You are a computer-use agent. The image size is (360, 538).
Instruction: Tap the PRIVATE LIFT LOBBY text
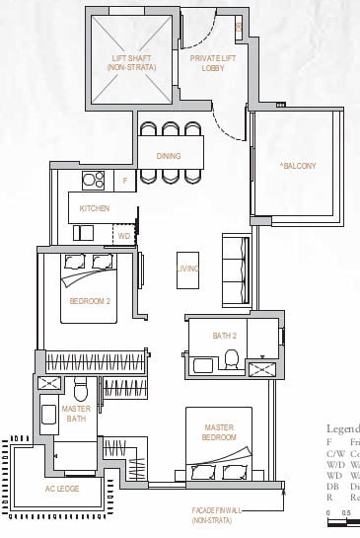(210, 64)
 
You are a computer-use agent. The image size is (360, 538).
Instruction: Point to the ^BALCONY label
(298, 166)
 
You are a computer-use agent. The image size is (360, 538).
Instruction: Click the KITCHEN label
(95, 208)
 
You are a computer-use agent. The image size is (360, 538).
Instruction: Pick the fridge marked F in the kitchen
(124, 182)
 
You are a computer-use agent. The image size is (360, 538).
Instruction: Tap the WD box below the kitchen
(124, 237)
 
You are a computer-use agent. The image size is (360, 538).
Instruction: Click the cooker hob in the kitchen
(94, 181)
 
